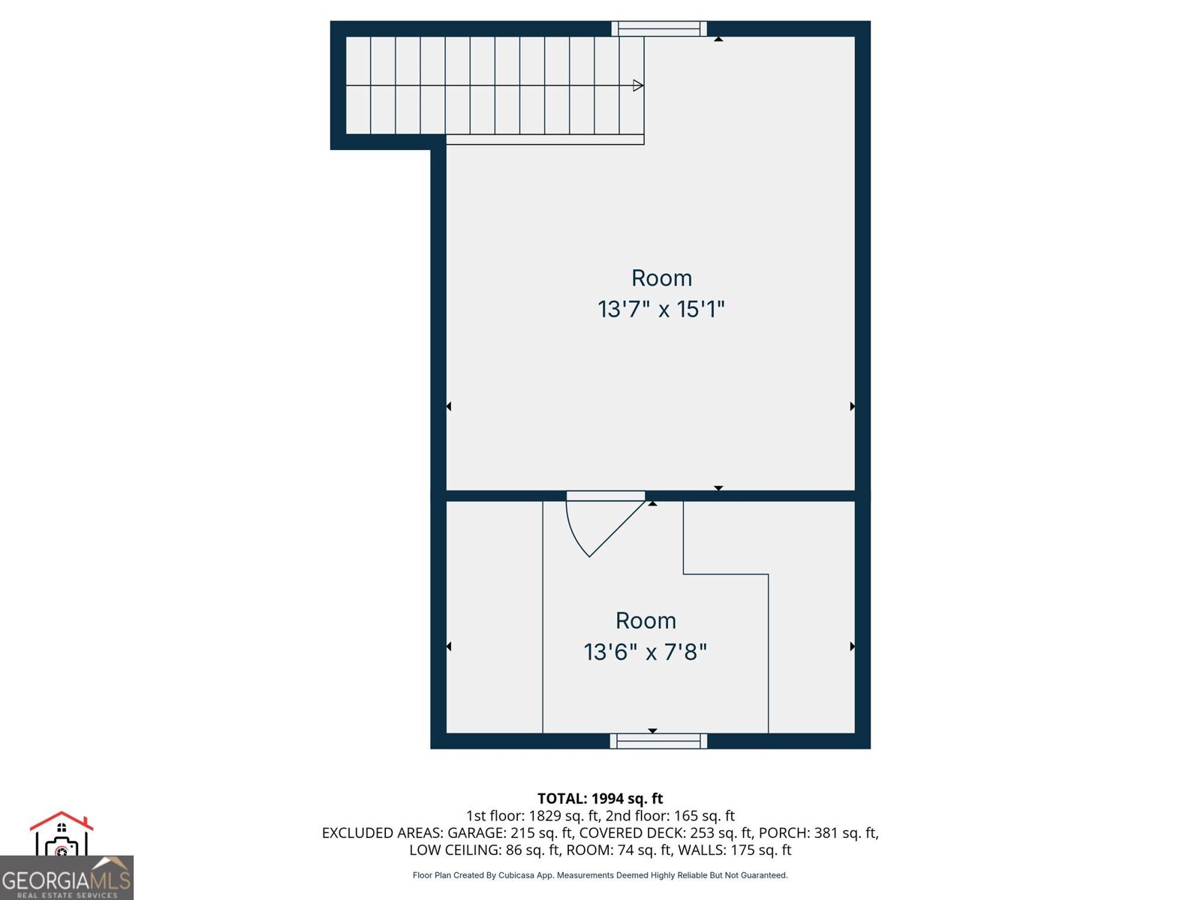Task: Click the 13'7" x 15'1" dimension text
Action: [661, 309]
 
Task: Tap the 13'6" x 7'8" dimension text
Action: [645, 652]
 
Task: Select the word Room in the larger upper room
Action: [661, 278]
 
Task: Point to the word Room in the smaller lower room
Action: [646, 621]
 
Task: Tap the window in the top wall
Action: [659, 28]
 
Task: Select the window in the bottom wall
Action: [659, 741]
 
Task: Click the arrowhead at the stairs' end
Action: [638, 85]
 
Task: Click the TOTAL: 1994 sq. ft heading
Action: [600, 799]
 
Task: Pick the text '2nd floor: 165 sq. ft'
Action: [670, 816]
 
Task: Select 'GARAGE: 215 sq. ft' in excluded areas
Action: [509, 832]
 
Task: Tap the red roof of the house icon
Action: [62, 820]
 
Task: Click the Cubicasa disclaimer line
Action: [600, 875]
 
